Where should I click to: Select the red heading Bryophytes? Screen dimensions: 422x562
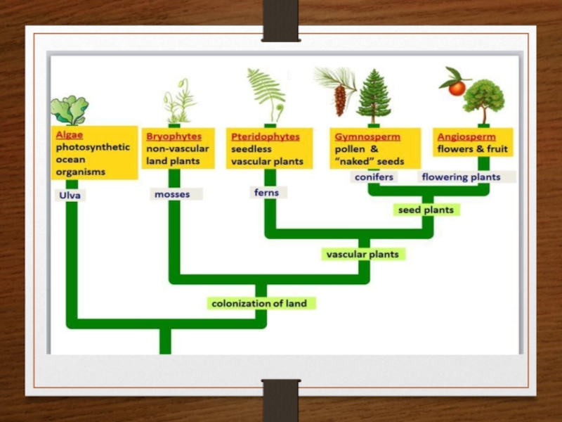coord(174,136)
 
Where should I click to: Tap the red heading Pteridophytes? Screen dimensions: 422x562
coord(266,136)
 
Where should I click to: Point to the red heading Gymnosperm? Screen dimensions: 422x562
coord(367,136)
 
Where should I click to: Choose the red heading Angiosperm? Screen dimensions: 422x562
coord(466,136)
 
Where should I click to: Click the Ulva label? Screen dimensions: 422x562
coord(68,196)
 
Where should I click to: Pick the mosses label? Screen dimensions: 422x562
coord(172,193)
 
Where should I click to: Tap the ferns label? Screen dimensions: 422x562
coord(266,192)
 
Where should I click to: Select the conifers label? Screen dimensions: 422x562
coord(374,177)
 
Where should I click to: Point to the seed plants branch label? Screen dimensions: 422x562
coord(426,210)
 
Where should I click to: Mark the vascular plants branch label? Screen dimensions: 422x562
coord(362,254)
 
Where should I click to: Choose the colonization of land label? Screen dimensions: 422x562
coord(260,303)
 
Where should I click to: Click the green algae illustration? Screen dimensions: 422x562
coord(70,110)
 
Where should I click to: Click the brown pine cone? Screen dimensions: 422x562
coord(341,100)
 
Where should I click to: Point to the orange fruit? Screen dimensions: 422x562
coord(457,88)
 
